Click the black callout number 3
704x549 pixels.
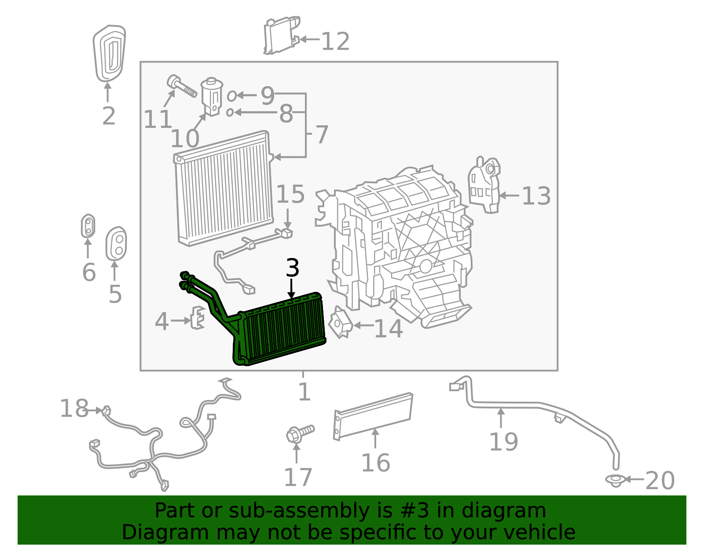tap(293, 268)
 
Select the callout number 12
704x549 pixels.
tap(335, 42)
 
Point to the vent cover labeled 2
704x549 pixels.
tap(109, 53)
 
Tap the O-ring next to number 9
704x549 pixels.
tap(232, 95)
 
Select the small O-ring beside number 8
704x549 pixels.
tap(230, 113)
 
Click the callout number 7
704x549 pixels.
tap(322, 134)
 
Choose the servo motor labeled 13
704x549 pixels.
tap(484, 185)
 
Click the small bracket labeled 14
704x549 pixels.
tap(341, 323)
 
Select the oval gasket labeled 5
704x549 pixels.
tap(116, 244)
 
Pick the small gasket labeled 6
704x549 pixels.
tap(88, 226)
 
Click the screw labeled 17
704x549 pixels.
tap(299, 433)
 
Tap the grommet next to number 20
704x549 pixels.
tap(615, 480)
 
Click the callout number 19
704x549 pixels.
tap(504, 442)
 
